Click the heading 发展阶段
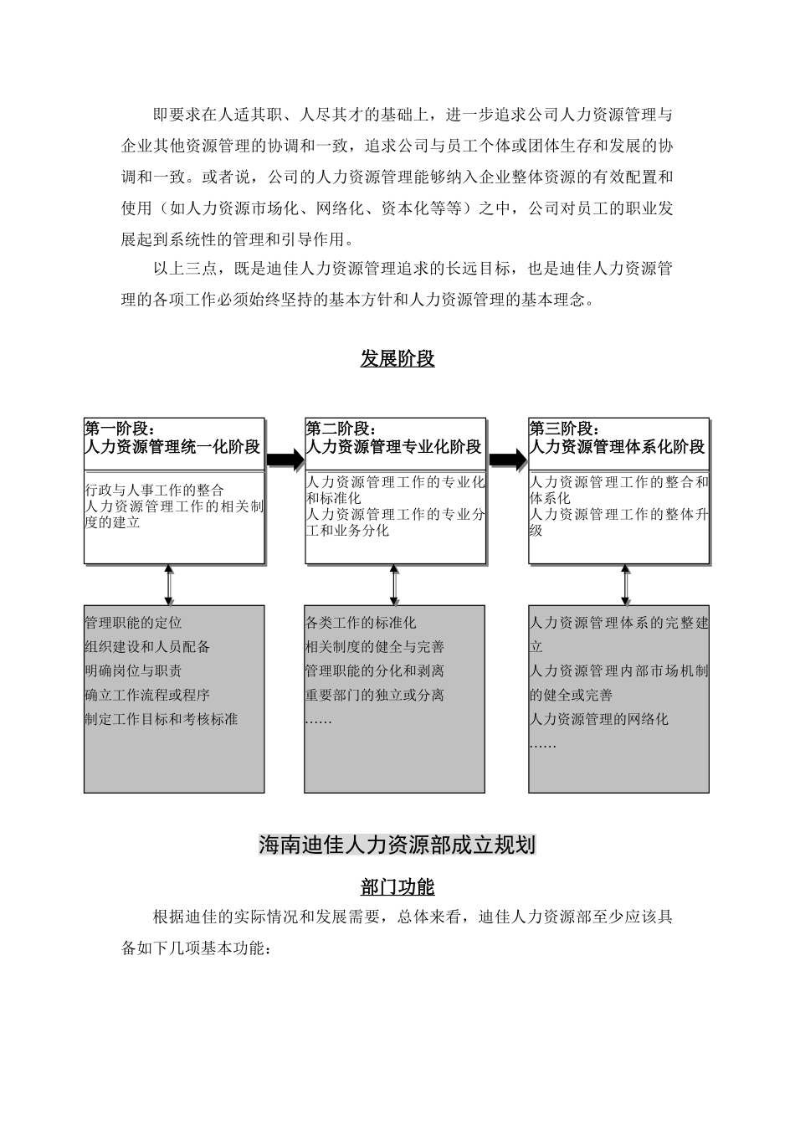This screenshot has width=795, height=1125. coord(397,359)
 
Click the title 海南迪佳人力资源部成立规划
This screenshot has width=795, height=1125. coord(397,845)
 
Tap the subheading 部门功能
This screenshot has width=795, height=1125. coord(397,886)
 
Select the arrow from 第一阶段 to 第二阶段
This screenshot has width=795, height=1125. coord(285,459)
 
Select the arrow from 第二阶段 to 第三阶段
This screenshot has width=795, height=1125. coord(507,459)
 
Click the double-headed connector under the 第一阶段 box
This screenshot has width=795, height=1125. coord(169,584)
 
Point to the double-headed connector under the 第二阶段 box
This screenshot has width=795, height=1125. coord(394,584)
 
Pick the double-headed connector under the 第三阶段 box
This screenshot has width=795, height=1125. coord(625,584)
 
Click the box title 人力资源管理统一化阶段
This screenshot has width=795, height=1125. coord(173,447)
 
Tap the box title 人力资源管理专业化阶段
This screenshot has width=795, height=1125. coord(394,447)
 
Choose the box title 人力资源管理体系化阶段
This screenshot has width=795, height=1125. coord(618,447)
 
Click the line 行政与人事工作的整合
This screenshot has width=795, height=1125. coord(155,490)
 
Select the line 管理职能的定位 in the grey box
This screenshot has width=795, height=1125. coord(133,623)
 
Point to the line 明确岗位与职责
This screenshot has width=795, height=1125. coord(133,670)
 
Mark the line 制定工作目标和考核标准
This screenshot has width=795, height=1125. coord(162,719)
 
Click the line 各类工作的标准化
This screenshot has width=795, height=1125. coord(361,623)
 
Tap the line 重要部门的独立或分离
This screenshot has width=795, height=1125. coord(375,695)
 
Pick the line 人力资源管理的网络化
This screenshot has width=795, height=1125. coord(599,719)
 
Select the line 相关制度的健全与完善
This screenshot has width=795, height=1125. coord(375,646)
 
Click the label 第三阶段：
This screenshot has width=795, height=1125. coord(564,429)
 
